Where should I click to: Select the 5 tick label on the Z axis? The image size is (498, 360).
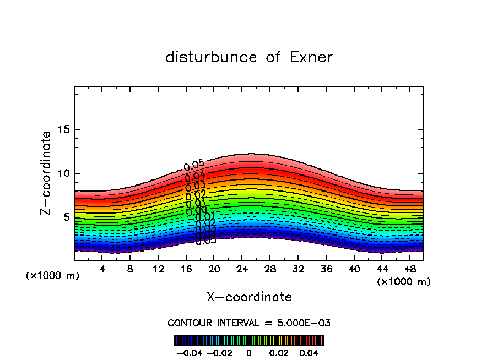coord(66,217)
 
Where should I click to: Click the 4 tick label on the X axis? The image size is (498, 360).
coord(102,270)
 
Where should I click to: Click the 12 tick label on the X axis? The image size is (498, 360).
coord(158,270)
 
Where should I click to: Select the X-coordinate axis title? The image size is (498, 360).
coord(249,297)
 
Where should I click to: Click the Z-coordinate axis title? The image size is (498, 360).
coord(46,173)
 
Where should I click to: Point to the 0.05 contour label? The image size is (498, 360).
coord(194,165)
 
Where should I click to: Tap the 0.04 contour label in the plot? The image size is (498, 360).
coord(195,176)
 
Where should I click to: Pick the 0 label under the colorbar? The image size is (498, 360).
coord(249,352)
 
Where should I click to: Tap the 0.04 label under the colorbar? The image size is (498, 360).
coord(308,352)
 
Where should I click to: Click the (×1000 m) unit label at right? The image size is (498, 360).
coord(403,281)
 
